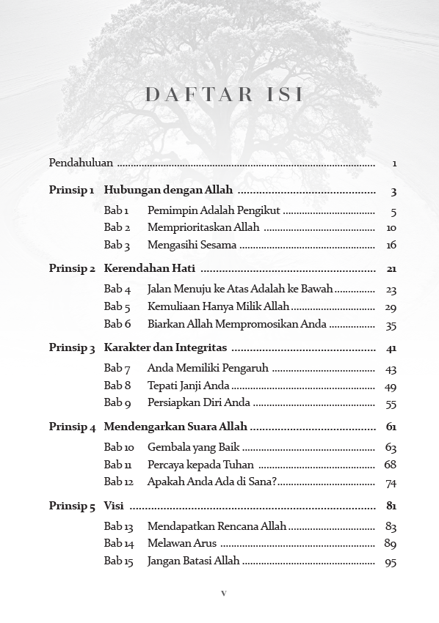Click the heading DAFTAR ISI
click(x=224, y=95)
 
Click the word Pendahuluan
click(x=81, y=163)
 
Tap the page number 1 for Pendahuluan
click(x=394, y=163)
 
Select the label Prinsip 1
click(x=71, y=191)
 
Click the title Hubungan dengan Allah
click(x=168, y=191)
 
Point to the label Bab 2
click(x=117, y=228)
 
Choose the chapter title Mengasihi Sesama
click(x=191, y=246)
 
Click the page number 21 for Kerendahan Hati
click(x=391, y=269)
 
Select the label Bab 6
click(x=117, y=325)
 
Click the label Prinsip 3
click(x=72, y=348)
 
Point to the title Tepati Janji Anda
click(x=188, y=386)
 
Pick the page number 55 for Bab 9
click(x=391, y=404)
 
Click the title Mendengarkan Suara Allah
click(x=175, y=427)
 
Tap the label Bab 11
click(x=118, y=465)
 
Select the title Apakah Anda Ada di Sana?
click(x=212, y=482)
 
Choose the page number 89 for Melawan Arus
click(x=391, y=544)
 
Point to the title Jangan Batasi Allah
click(x=193, y=561)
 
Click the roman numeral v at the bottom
click(x=224, y=594)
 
